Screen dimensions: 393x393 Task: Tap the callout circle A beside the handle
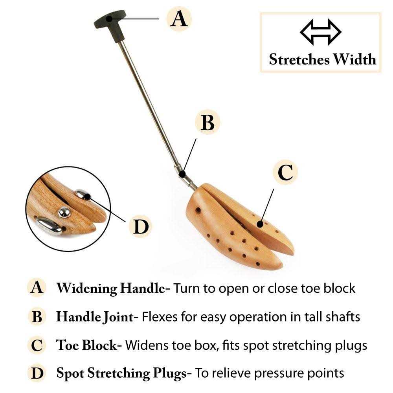coord(179,19)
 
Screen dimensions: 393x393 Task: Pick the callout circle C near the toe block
coord(285,172)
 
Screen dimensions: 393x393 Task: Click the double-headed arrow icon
coord(321,31)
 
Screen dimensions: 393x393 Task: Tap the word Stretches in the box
coord(299,59)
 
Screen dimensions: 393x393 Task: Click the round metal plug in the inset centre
coord(64,212)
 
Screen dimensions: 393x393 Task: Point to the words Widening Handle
coord(110,288)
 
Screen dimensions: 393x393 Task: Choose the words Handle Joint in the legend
coord(95,316)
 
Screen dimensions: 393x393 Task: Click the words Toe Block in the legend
coord(86,345)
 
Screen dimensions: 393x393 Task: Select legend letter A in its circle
coord(37,288)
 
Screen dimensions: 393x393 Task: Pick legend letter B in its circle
coord(37,317)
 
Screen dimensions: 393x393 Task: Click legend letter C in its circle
coord(37,345)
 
